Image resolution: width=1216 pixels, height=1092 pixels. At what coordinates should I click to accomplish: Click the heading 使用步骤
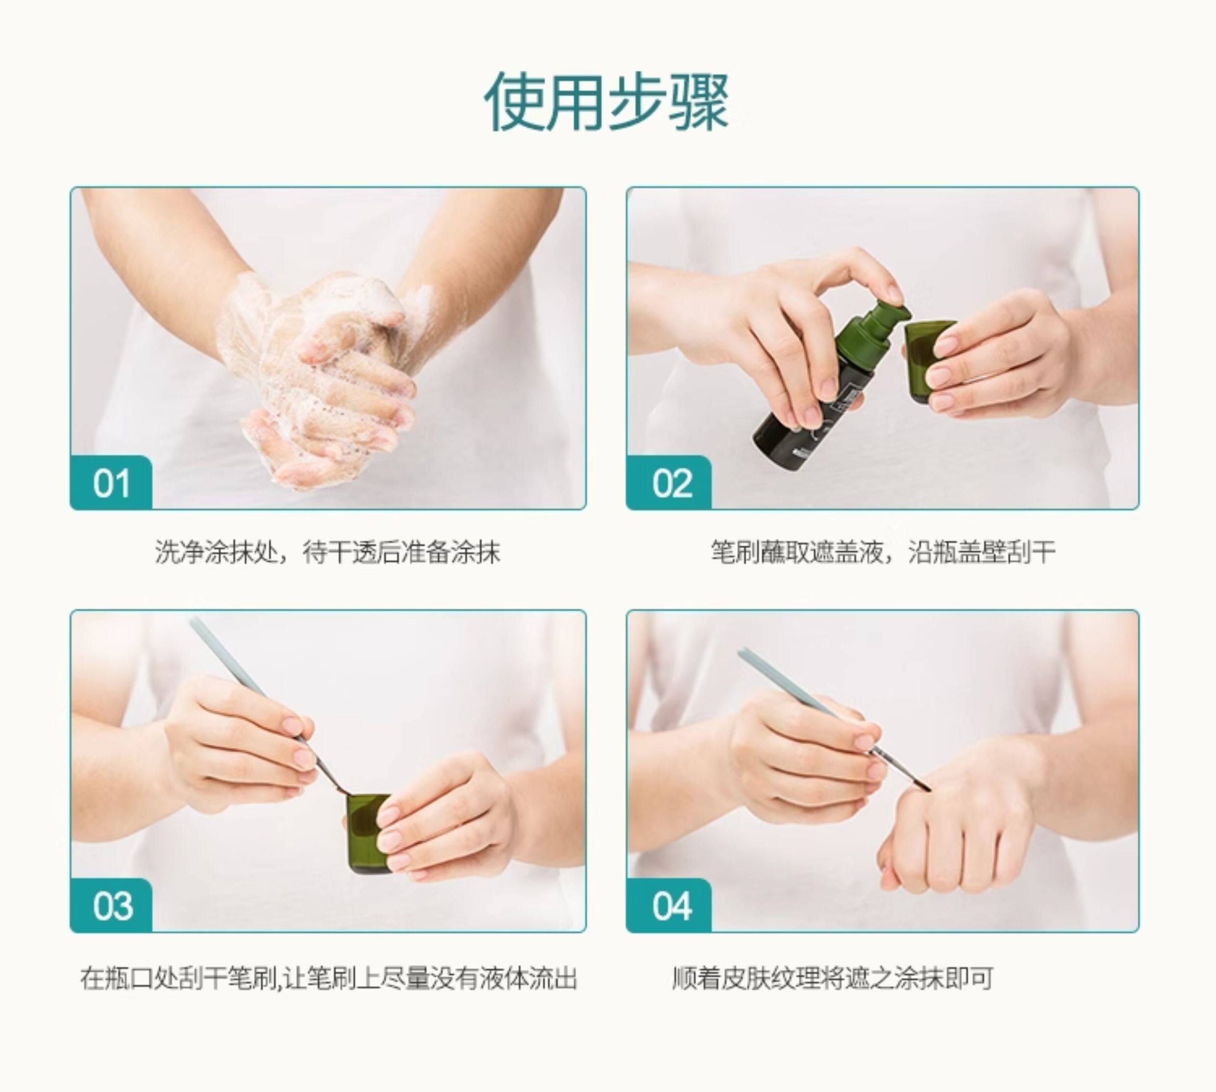(x=607, y=102)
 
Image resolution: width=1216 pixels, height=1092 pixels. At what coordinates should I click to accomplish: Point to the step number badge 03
(x=111, y=906)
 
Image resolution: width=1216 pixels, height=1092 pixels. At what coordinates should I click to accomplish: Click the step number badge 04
(x=669, y=906)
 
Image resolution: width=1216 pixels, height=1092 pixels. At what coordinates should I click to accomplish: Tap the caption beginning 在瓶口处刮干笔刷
(x=329, y=979)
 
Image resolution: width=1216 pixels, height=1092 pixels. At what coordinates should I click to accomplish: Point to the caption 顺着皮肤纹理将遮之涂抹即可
(x=833, y=979)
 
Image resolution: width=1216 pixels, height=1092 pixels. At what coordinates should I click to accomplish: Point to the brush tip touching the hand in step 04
(x=927, y=787)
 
